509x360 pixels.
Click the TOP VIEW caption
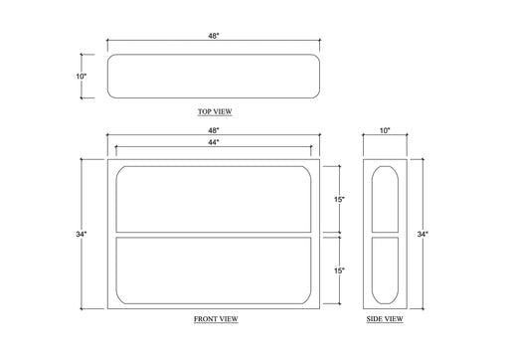pyautogui.click(x=215, y=111)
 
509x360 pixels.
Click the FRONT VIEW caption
pyautogui.click(x=216, y=319)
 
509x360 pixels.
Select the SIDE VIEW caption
pyautogui.click(x=385, y=319)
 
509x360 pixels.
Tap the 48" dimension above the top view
pyautogui.click(x=214, y=36)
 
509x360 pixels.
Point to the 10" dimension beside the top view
pyautogui.click(x=82, y=77)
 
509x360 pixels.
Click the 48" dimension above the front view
pyautogui.click(x=214, y=130)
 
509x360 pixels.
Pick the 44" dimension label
pyautogui.click(x=214, y=142)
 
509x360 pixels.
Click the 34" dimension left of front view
pyautogui.click(x=82, y=234)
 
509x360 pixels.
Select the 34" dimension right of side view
pyautogui.click(x=423, y=234)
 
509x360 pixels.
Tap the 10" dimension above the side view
pyautogui.click(x=385, y=130)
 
